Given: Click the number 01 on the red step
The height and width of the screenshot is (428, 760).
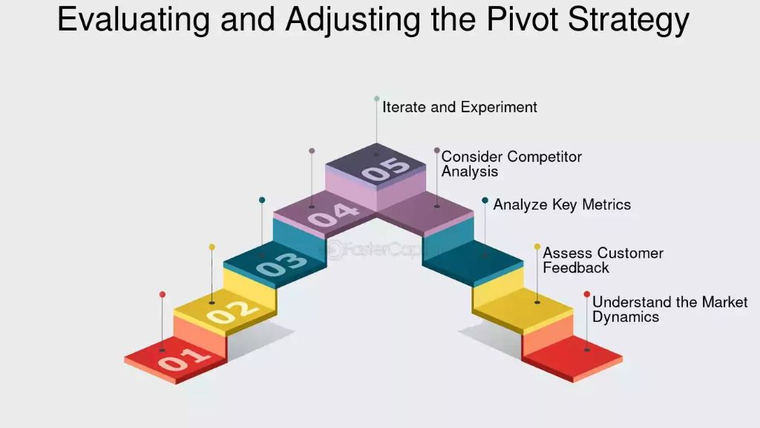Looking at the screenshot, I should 181,359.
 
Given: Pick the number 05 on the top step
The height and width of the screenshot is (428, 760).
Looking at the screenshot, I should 385,169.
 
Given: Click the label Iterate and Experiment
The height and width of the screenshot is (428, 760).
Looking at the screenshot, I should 459,107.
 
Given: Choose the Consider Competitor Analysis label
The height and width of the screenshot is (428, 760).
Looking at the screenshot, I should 511,164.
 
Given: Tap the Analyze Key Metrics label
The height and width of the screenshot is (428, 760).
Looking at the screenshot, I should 562,204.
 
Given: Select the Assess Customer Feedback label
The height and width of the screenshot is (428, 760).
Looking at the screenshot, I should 603,260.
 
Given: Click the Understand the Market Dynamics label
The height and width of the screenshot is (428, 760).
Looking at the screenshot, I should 669,309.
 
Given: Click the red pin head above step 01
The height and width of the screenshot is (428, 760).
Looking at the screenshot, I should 163,294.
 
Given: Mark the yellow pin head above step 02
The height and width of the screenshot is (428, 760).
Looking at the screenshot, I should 212,247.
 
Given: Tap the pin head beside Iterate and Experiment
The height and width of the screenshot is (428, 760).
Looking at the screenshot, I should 376,98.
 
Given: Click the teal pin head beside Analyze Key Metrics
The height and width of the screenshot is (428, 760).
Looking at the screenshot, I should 485,200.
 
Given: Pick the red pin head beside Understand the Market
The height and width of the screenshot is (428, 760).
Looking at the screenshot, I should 586,294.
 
